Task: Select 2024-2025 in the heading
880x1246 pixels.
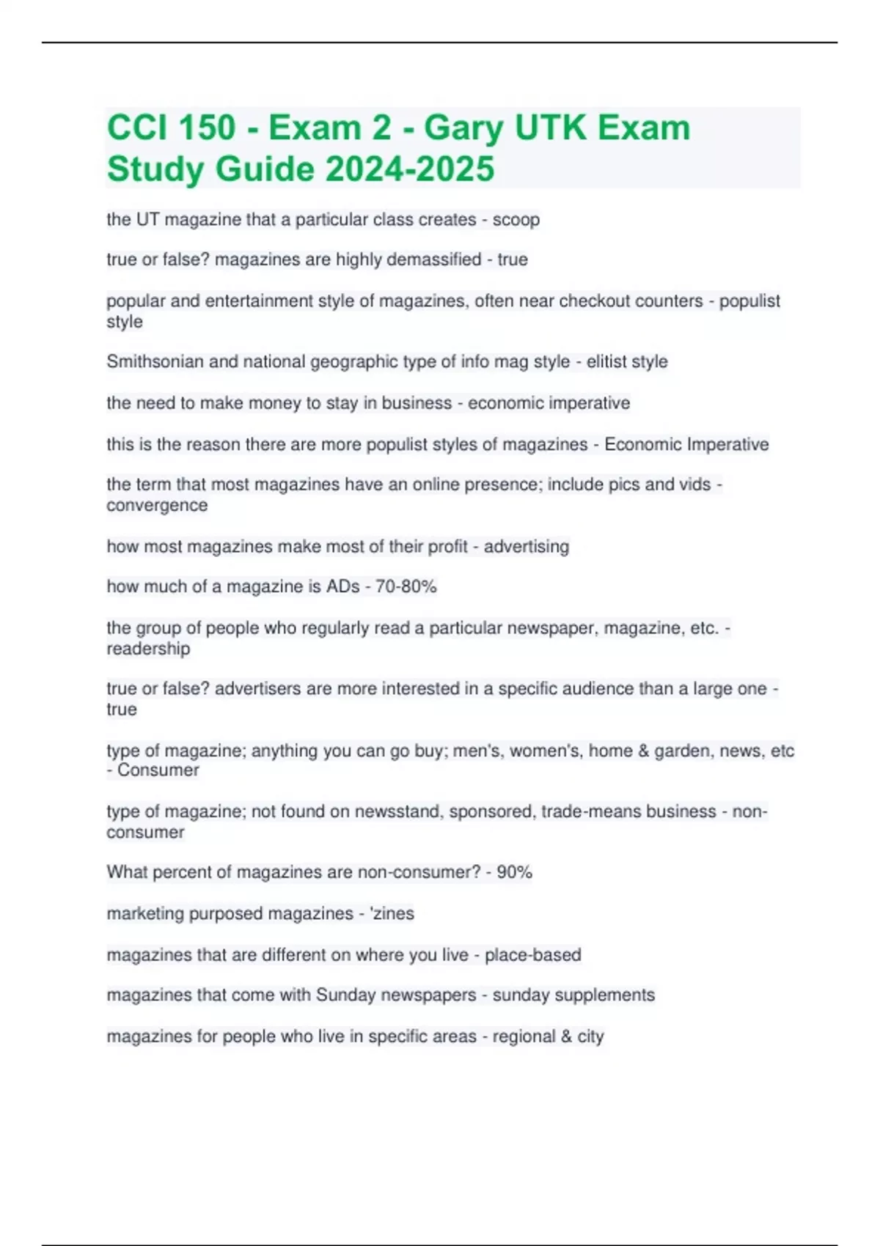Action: coord(410,169)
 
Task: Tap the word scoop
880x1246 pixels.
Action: coord(516,220)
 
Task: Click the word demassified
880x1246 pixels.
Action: coord(433,259)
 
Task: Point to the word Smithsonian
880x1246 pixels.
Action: coord(155,361)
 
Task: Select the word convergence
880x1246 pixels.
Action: coord(157,505)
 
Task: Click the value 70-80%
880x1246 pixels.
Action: coord(406,586)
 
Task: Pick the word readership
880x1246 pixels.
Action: coord(148,648)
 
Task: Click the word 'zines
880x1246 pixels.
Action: coord(394,913)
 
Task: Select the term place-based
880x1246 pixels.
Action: coord(532,955)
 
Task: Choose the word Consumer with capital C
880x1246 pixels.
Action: coord(158,770)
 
